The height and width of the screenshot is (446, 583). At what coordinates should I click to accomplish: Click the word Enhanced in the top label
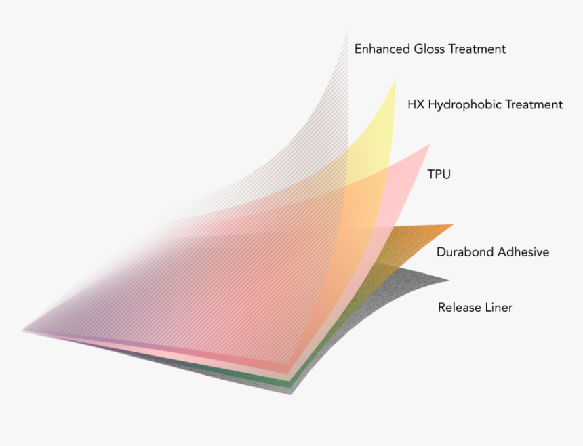tap(382, 49)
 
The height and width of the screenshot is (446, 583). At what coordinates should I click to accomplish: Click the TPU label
tap(439, 174)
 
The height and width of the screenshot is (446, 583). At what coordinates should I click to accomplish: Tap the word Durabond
tap(465, 252)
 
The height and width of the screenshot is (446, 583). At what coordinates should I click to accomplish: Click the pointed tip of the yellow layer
tap(395, 79)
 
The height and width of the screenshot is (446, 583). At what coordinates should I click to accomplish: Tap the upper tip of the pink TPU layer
tap(430, 144)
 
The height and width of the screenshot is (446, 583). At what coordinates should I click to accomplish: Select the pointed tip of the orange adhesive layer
tap(454, 224)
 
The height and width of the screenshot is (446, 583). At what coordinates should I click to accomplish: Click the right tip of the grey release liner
tap(449, 280)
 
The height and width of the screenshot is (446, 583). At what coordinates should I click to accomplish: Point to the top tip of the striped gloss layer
tap(347, 31)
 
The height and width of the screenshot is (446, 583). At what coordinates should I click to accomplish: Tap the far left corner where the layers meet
tap(23, 330)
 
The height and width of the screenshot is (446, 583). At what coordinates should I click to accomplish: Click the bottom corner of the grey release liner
tap(291, 394)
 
